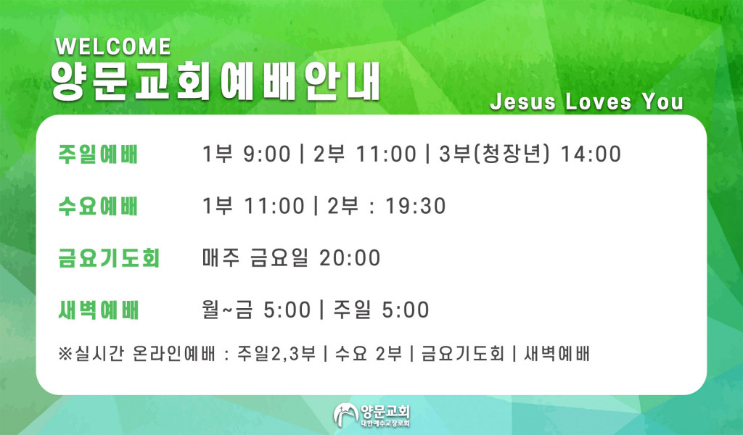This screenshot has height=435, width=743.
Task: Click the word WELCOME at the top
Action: tap(113, 47)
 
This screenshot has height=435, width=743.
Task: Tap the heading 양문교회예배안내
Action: tap(215, 81)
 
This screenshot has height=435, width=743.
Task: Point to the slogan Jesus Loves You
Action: tap(586, 101)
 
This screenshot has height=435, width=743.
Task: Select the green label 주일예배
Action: tap(98, 154)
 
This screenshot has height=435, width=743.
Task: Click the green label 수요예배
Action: tap(98, 207)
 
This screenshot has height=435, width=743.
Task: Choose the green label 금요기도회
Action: tap(109, 258)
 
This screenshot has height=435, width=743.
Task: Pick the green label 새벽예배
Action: tap(98, 310)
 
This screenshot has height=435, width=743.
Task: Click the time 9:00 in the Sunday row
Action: tap(267, 154)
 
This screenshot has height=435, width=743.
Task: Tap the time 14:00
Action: tap(591, 154)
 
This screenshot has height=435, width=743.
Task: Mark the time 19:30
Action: tap(416, 207)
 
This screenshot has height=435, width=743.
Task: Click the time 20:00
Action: tap(350, 258)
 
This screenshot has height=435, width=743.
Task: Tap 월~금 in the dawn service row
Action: tap(227, 310)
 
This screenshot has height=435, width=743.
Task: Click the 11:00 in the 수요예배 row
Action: tap(274, 207)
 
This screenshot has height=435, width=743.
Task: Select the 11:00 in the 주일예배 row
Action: tap(386, 154)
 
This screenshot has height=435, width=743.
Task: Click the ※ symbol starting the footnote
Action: tap(65, 354)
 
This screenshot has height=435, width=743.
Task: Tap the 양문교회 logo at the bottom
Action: tap(371, 415)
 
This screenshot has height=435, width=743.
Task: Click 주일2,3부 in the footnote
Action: tap(276, 354)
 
